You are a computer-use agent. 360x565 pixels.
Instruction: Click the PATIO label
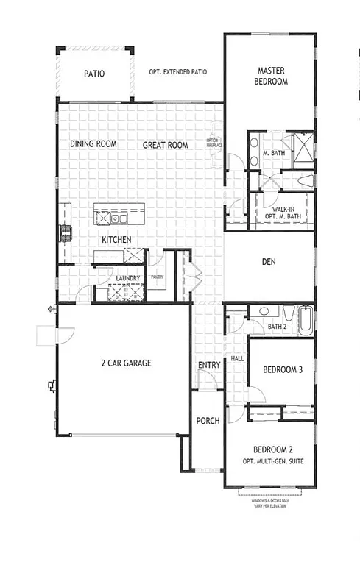93,74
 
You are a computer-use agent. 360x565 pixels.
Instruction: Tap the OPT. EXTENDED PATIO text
177,73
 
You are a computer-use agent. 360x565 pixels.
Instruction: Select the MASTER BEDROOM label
271,76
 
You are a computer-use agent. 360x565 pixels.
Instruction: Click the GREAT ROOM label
165,146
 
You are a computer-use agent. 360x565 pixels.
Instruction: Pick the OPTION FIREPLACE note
213,142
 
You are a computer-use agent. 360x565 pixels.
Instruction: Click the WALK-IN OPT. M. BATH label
283,213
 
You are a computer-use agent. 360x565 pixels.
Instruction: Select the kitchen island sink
120,218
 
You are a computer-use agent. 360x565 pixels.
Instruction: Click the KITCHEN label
116,240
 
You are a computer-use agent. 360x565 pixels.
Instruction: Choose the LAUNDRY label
129,277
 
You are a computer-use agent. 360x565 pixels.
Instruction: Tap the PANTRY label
157,277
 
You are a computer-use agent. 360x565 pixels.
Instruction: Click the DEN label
269,262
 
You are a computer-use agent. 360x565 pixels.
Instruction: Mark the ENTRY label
209,366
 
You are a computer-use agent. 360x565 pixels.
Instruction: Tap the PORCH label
208,421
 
